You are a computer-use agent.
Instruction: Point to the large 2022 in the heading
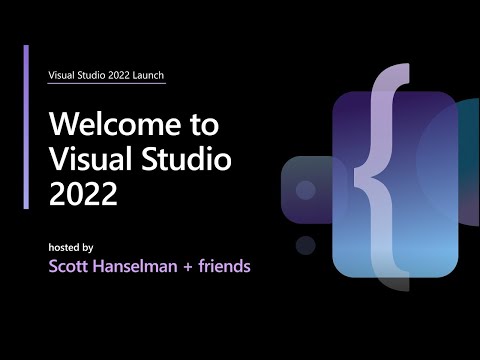pyautogui.click(x=82, y=193)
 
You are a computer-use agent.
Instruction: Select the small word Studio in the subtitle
pyautogui.click(x=90, y=75)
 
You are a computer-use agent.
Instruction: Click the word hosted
pyautogui.click(x=64, y=247)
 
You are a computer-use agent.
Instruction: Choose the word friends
pyautogui.click(x=226, y=267)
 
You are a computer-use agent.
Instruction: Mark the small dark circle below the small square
pyautogui.click(x=306, y=244)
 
